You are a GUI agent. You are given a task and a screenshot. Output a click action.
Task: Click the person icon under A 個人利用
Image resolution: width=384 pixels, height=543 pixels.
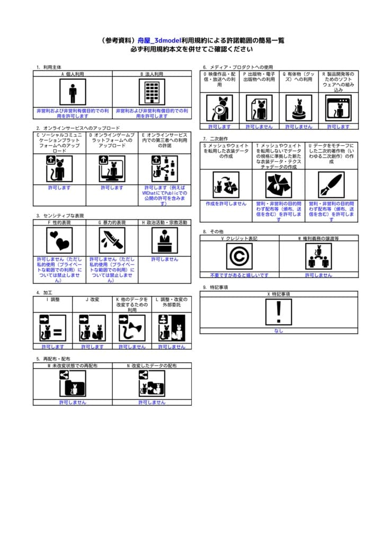[x=73, y=93]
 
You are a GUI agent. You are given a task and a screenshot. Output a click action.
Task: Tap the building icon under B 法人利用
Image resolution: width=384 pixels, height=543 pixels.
[x=151, y=93]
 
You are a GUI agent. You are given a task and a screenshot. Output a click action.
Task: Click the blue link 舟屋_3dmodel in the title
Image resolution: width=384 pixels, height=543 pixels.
[x=159, y=40]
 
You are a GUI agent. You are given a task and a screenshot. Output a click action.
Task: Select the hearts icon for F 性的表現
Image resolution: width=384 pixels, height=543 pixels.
[x=59, y=241]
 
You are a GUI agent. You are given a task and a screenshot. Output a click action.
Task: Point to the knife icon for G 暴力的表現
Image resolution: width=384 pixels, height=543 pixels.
[x=112, y=241]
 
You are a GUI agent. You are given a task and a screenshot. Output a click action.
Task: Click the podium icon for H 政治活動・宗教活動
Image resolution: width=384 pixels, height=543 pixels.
[x=165, y=241]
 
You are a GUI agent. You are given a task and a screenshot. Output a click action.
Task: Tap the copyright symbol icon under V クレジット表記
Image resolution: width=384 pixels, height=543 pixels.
[x=239, y=257]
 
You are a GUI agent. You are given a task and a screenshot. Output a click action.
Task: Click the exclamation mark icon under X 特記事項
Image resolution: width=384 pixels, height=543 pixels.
[x=279, y=312]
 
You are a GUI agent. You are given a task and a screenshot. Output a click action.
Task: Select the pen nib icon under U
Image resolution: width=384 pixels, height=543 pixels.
[x=331, y=185]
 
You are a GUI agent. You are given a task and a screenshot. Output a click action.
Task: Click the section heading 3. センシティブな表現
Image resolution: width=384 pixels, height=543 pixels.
[x=60, y=216]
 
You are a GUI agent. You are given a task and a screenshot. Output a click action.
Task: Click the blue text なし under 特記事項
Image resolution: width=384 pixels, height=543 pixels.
[x=279, y=331]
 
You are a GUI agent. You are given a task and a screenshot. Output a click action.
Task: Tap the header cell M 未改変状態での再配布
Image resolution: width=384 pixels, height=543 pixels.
[x=73, y=366]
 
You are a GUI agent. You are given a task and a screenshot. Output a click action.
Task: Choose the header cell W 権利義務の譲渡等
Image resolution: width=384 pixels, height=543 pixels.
[x=318, y=239]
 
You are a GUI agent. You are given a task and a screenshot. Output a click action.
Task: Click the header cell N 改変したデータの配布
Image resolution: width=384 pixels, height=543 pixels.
[x=152, y=366]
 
